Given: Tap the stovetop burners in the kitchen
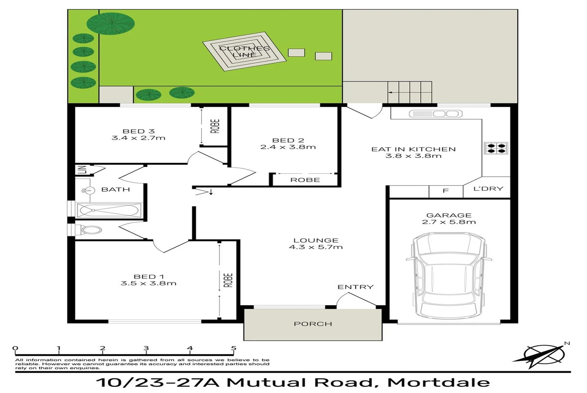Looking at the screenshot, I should (496, 148).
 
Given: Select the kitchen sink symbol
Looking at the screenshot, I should (435, 114).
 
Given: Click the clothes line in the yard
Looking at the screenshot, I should (244, 52).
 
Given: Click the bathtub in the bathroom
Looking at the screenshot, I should (109, 210).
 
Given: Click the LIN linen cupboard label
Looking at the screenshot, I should (83, 170).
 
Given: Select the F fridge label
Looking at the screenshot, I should (446, 191).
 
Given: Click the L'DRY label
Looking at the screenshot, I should (488, 188).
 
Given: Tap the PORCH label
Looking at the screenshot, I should (313, 323).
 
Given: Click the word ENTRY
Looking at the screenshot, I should (355, 287).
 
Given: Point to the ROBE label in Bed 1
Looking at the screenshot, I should (228, 280).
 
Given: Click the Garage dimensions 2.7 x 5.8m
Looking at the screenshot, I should (449, 222).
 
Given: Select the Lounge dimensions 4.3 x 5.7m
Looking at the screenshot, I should (316, 247).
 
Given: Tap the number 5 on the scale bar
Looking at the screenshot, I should (233, 348).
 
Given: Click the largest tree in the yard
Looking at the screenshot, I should (111, 24).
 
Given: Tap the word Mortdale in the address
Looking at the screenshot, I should (439, 382).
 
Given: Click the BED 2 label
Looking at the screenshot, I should (288, 140).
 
